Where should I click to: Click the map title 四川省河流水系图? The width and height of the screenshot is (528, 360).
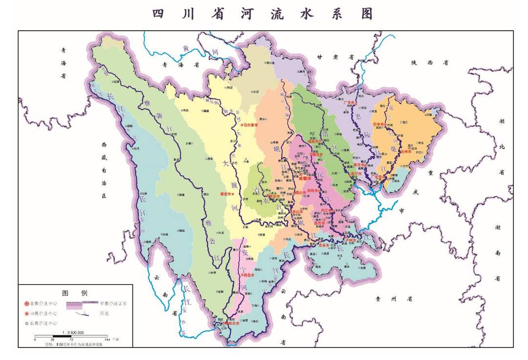click(263, 13)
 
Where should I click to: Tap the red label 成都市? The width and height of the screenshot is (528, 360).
click(305, 179)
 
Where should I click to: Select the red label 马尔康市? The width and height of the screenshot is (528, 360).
click(250, 125)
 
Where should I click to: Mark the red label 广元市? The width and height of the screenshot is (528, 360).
click(349, 103)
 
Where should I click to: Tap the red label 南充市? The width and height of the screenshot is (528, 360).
click(359, 165)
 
